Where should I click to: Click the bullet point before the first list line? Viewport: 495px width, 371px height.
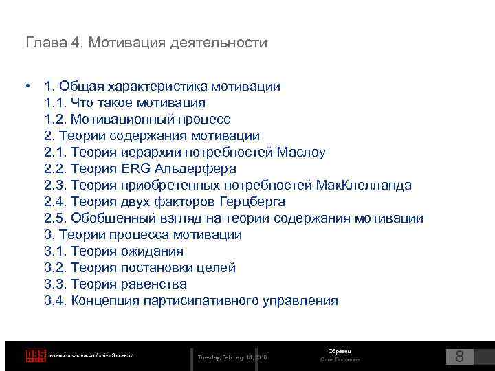[26, 87]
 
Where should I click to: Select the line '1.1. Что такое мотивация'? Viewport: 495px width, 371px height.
[124, 103]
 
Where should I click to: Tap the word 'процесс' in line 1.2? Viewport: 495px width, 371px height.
[204, 120]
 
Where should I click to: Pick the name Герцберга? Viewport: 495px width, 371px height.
[252, 202]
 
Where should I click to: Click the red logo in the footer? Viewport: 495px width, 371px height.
[35, 355]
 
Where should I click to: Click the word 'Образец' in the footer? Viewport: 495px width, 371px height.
[339, 351]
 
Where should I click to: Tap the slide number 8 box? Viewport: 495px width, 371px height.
[460, 357]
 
